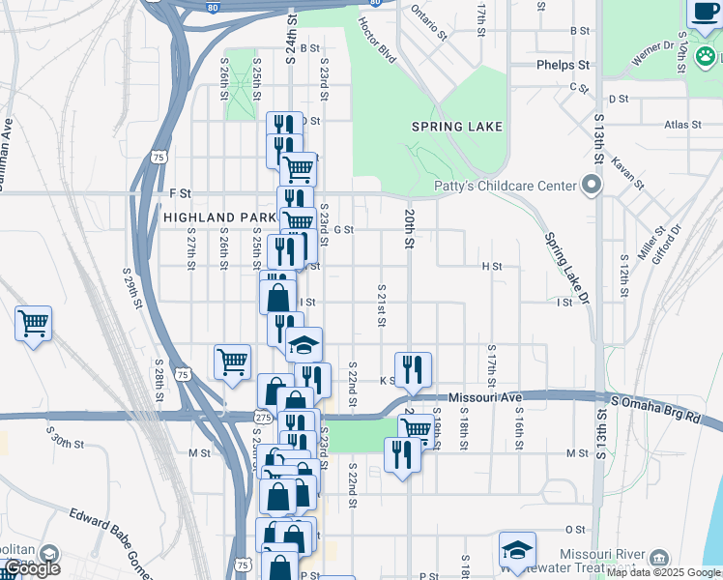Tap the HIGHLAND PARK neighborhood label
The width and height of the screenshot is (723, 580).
pos(213,218)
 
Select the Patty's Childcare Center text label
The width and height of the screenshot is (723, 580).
pos(502,186)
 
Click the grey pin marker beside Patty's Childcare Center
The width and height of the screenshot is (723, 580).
pos(592,186)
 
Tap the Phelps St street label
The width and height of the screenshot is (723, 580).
pos(564,66)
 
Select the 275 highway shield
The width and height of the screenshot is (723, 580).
pos(263,417)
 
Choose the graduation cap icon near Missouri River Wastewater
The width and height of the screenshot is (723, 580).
pos(517,550)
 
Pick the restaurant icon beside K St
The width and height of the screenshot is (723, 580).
pos(413,368)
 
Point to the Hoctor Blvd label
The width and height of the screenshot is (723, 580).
pos(378,40)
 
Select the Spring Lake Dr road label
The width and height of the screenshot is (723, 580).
pos(565,270)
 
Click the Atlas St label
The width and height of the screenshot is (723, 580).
pos(682,125)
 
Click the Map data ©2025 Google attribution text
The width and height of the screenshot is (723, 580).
pos(662,573)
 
